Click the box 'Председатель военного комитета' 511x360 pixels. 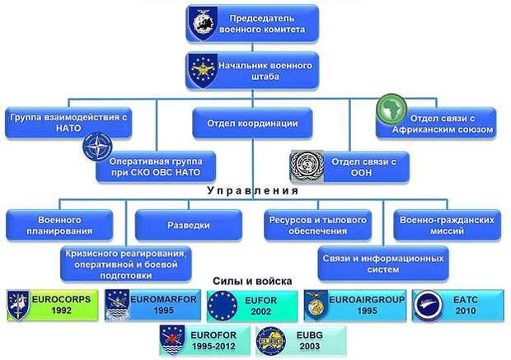tap(252, 23)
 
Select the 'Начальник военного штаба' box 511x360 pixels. tap(252, 71)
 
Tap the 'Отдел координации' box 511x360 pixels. tap(252, 124)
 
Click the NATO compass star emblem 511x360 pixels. tap(97, 147)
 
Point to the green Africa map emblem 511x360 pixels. tap(391, 109)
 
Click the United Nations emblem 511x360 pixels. tap(307, 166)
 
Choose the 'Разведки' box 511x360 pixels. tap(189, 225)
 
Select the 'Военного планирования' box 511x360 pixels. tap(59, 225)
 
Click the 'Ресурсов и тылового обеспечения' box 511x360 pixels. tap(318, 225)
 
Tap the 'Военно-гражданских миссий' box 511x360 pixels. tap(447, 225)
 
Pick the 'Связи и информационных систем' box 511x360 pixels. tap(383, 264)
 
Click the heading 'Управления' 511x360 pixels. tap(253, 190)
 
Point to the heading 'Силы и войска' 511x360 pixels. tap(252, 281)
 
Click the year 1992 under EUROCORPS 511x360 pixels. tap(61, 311)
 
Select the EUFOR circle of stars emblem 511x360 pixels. tap(223, 306)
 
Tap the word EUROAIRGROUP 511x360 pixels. tap(367, 299)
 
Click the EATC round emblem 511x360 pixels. tap(429, 306)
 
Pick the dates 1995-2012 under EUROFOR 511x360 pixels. tap(213, 346)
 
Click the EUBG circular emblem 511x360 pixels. tap(271, 341)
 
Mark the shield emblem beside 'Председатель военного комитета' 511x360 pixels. tap(203, 23)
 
